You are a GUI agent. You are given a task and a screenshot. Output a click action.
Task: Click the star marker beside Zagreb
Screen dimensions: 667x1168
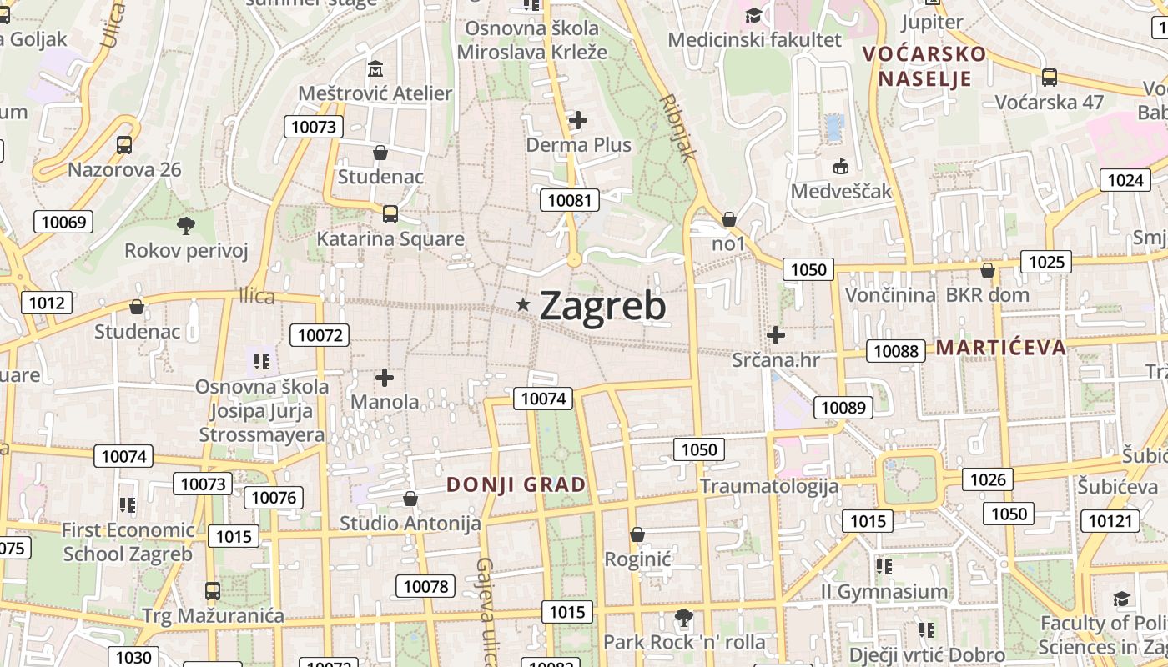click(523, 305)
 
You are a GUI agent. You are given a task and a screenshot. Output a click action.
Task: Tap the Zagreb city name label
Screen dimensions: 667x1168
click(602, 306)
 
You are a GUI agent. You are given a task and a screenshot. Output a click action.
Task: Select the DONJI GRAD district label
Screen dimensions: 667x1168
click(516, 484)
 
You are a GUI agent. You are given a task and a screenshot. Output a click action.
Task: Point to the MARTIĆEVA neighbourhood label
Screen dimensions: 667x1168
click(1001, 348)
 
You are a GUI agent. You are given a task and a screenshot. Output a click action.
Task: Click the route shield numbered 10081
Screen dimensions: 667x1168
click(570, 200)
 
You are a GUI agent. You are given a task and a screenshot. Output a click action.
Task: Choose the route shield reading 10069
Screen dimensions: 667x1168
click(63, 222)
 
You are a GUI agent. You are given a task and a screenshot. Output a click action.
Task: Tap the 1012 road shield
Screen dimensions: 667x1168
click(46, 303)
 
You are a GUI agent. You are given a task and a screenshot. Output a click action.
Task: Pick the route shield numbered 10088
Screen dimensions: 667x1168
click(896, 351)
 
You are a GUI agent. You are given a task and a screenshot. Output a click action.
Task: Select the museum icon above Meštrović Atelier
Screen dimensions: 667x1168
click(375, 68)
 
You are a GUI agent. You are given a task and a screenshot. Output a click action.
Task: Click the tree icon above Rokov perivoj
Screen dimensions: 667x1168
click(186, 225)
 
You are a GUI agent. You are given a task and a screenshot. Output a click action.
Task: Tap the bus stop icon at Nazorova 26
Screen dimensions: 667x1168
click(124, 145)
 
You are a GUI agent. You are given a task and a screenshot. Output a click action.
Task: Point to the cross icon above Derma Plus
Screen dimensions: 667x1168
click(577, 120)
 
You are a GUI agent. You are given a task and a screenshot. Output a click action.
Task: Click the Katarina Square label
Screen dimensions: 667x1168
click(390, 239)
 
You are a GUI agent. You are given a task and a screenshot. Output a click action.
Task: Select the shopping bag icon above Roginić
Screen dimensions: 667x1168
click(637, 534)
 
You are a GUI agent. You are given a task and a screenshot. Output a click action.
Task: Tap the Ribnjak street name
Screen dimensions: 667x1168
click(677, 127)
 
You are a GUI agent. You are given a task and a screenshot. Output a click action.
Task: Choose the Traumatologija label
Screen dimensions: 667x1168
click(768, 486)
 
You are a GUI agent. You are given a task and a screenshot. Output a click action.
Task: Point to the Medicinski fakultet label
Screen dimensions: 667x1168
click(754, 39)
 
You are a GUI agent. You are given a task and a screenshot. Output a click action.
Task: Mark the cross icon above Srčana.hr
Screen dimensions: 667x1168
click(776, 335)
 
